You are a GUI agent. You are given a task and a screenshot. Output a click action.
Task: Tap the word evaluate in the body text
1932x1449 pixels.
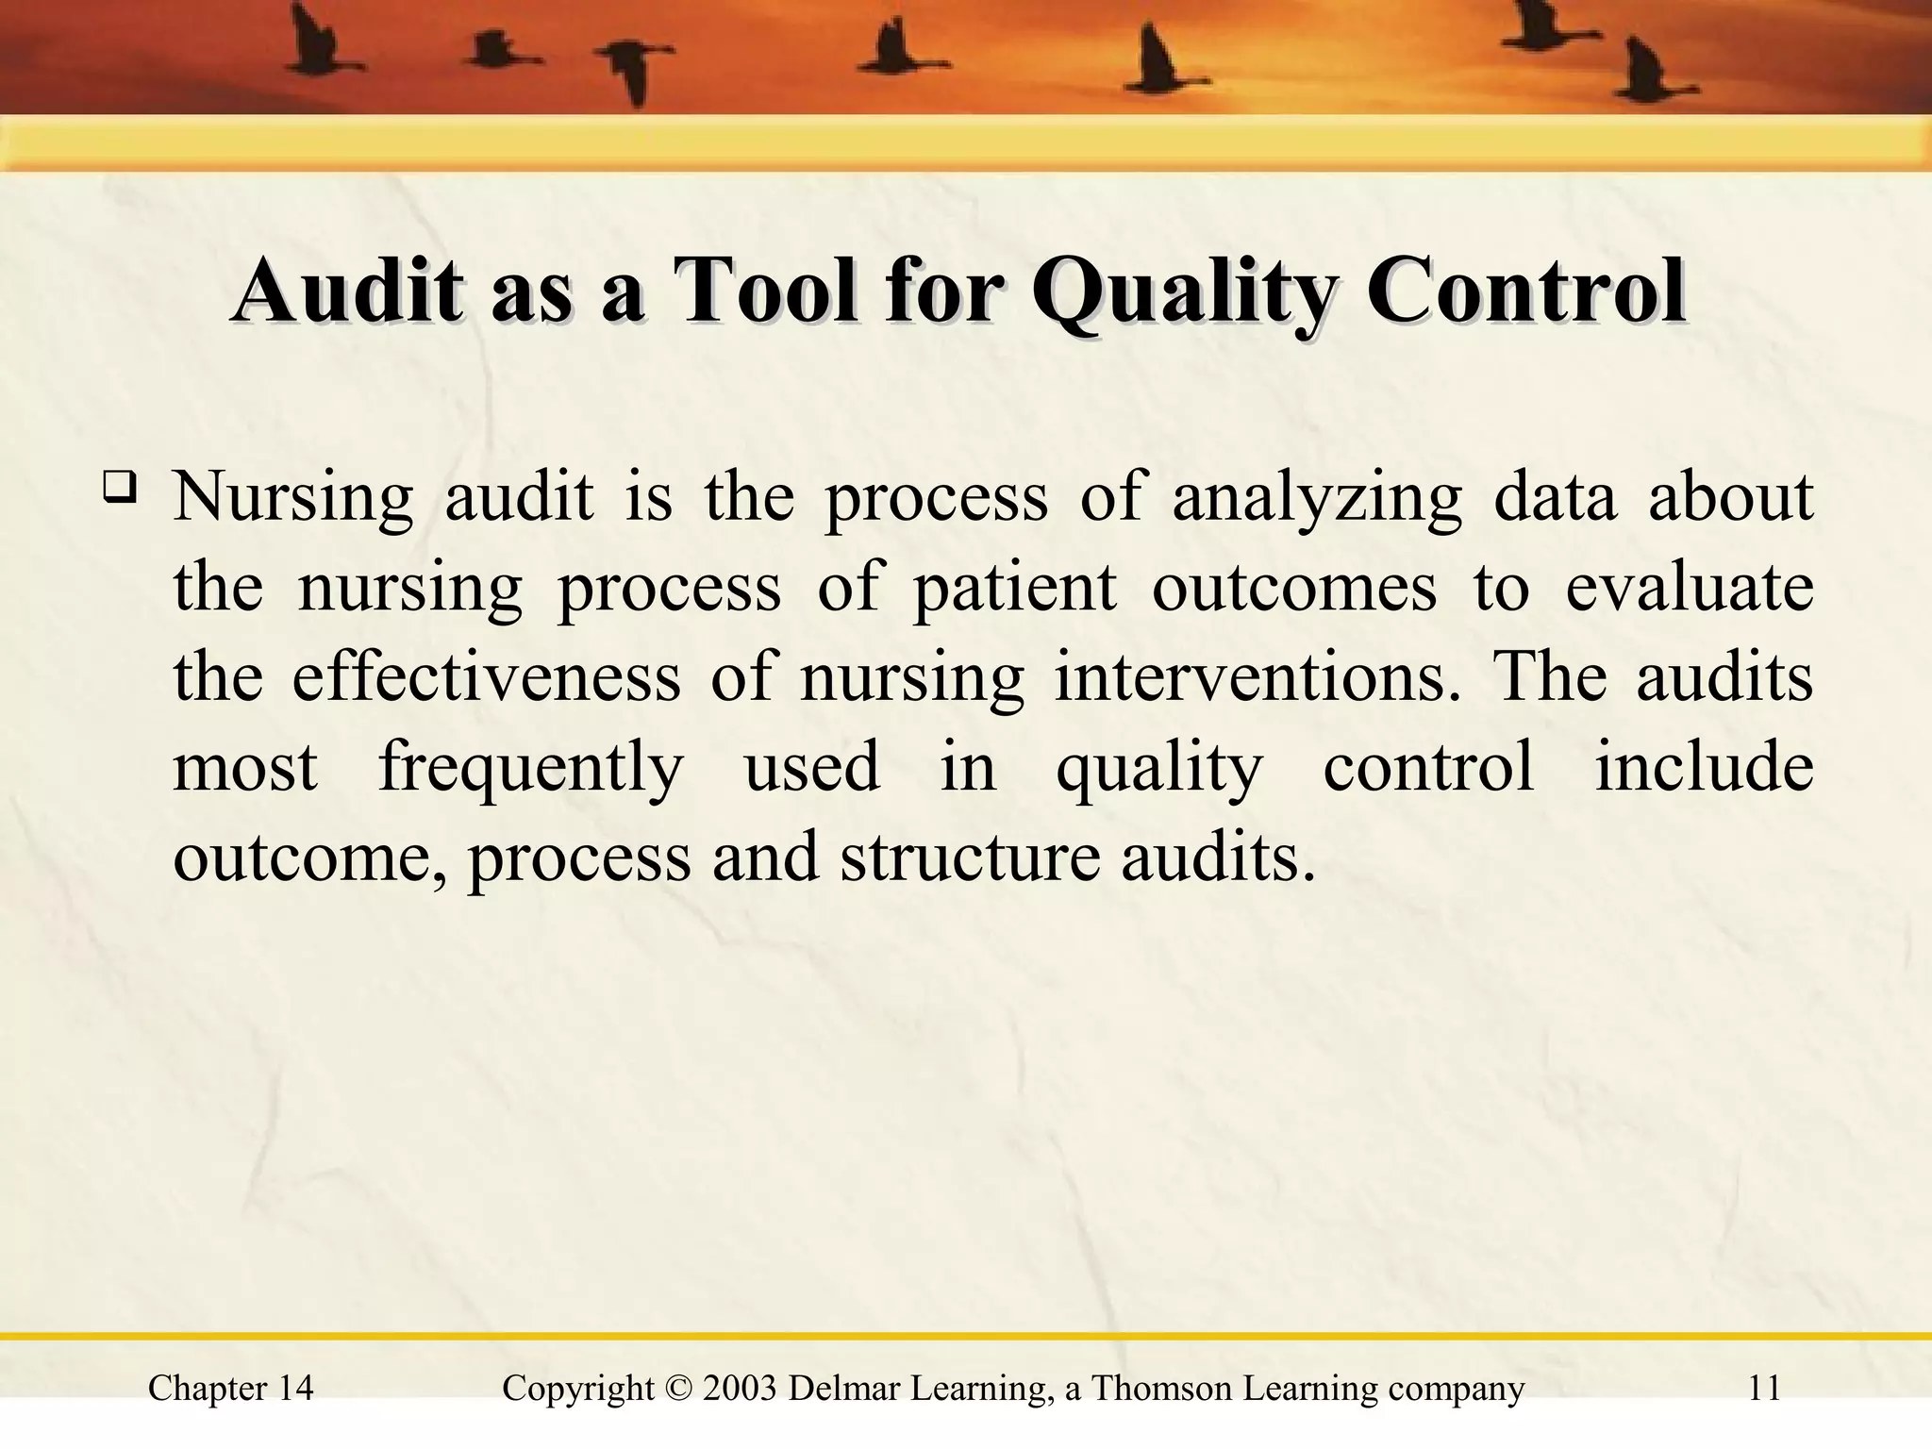1690,587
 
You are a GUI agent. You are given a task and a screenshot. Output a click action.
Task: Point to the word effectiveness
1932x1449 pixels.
486,677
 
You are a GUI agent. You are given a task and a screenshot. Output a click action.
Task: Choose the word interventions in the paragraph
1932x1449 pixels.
1250,677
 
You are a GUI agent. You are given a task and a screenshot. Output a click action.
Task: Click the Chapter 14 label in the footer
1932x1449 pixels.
231,1389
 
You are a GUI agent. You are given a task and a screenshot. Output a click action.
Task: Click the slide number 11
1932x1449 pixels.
1763,1389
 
